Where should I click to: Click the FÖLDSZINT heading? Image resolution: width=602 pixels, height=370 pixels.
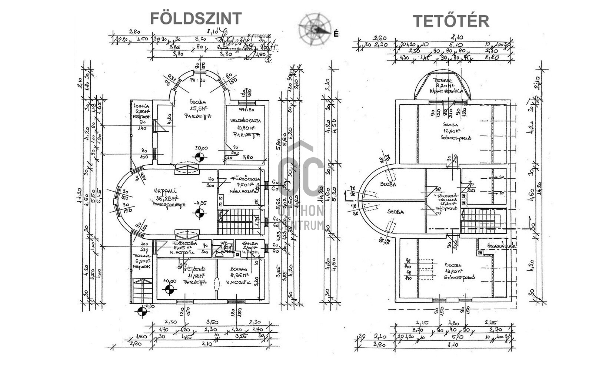[196, 18]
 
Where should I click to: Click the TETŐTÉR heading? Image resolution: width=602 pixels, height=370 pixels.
[451, 21]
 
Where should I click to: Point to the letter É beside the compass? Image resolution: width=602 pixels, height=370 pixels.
[336, 34]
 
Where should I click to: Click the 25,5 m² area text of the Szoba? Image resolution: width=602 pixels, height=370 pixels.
[199, 108]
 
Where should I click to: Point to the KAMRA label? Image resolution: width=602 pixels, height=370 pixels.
[249, 243]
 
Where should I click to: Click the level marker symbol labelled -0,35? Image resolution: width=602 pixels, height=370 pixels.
[199, 213]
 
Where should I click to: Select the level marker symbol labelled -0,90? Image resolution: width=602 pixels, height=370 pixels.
[142, 312]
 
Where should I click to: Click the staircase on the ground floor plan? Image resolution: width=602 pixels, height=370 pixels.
[237, 221]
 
